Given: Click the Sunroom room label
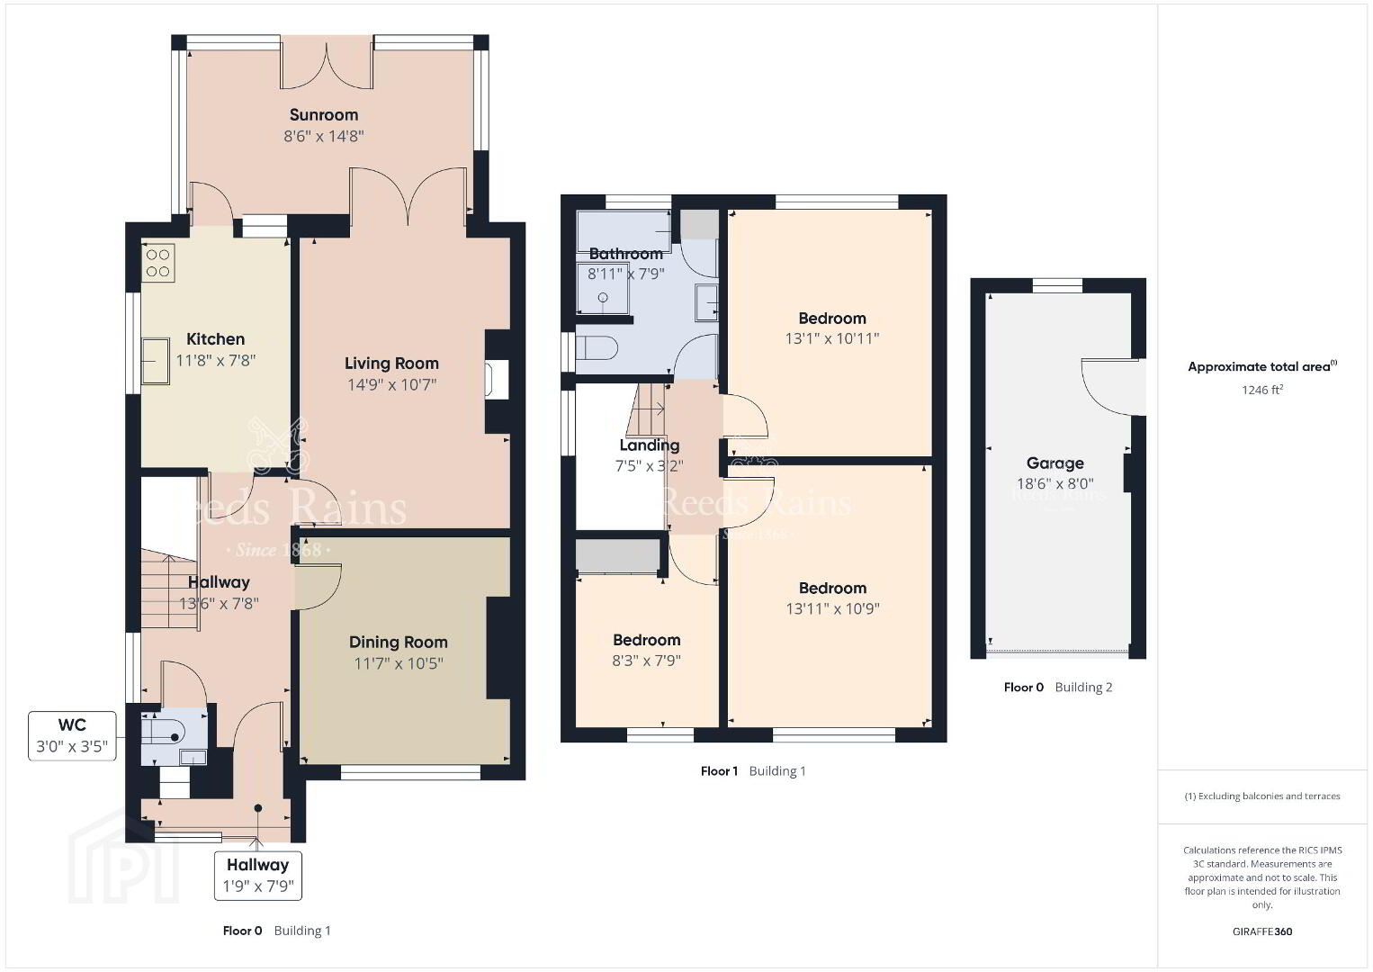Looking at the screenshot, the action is point(324,114).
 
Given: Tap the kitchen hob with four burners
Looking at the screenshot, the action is point(158,263).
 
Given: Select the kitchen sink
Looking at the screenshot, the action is point(156,361).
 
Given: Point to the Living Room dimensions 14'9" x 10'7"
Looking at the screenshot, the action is point(391,384).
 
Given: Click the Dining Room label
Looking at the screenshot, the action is point(399,642).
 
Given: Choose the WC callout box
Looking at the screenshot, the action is point(72,736).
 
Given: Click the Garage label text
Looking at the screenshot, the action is point(1054,463).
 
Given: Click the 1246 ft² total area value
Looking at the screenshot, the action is point(1262,390).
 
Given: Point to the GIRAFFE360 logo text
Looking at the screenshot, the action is point(1262,931).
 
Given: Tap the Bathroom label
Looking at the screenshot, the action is point(626,254).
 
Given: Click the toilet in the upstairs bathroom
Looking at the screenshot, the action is point(597,348).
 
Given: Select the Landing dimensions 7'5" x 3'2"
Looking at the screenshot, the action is point(649,466).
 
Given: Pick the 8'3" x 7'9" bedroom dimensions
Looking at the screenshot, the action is point(647,661).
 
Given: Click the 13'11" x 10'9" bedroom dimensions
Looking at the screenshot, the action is point(832,608).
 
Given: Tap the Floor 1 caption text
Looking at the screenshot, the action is point(719,771).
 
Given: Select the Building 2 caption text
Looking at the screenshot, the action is point(1083,688).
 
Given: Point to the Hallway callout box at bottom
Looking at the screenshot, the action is point(258,876).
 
